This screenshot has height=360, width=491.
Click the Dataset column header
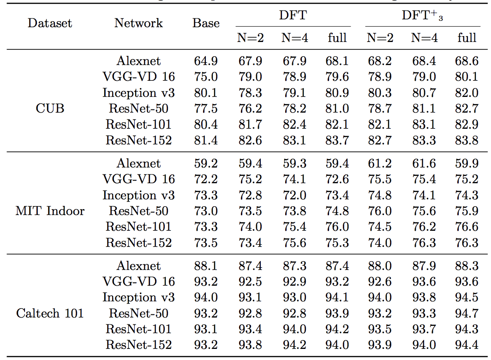pyautogui.click(x=50, y=23)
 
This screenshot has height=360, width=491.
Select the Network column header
pyautogui.click(x=138, y=23)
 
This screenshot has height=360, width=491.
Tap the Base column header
pyautogui.click(x=206, y=23)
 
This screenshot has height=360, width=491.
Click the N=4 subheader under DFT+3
pyautogui.click(x=424, y=38)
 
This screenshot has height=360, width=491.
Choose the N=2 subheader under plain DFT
pyautogui.click(x=251, y=38)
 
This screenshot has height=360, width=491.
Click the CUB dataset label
pyautogui.click(x=50, y=108)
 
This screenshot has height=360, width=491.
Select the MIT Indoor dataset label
pyautogui.click(x=50, y=211)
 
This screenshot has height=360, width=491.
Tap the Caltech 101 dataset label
pyautogui.click(x=50, y=313)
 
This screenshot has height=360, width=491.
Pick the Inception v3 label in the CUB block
pyautogui.click(x=138, y=93)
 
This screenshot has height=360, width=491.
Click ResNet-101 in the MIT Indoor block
pyautogui.click(x=138, y=227)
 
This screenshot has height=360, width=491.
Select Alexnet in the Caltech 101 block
pyautogui.click(x=138, y=266)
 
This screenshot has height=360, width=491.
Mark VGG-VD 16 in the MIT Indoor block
pyautogui.click(x=138, y=179)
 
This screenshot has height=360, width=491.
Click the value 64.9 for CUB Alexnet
pyautogui.click(x=206, y=61)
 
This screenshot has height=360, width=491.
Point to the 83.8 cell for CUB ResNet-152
pyautogui.click(x=467, y=140)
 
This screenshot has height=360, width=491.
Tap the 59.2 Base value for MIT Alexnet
pyautogui.click(x=206, y=163)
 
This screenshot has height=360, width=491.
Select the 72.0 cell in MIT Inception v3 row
pyautogui.click(x=294, y=195)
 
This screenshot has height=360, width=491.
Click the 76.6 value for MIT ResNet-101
pyautogui.click(x=467, y=227)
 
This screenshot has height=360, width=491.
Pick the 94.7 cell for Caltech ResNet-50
pyautogui.click(x=467, y=313)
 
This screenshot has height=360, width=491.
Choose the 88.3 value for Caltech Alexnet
pyautogui.click(x=467, y=266)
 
